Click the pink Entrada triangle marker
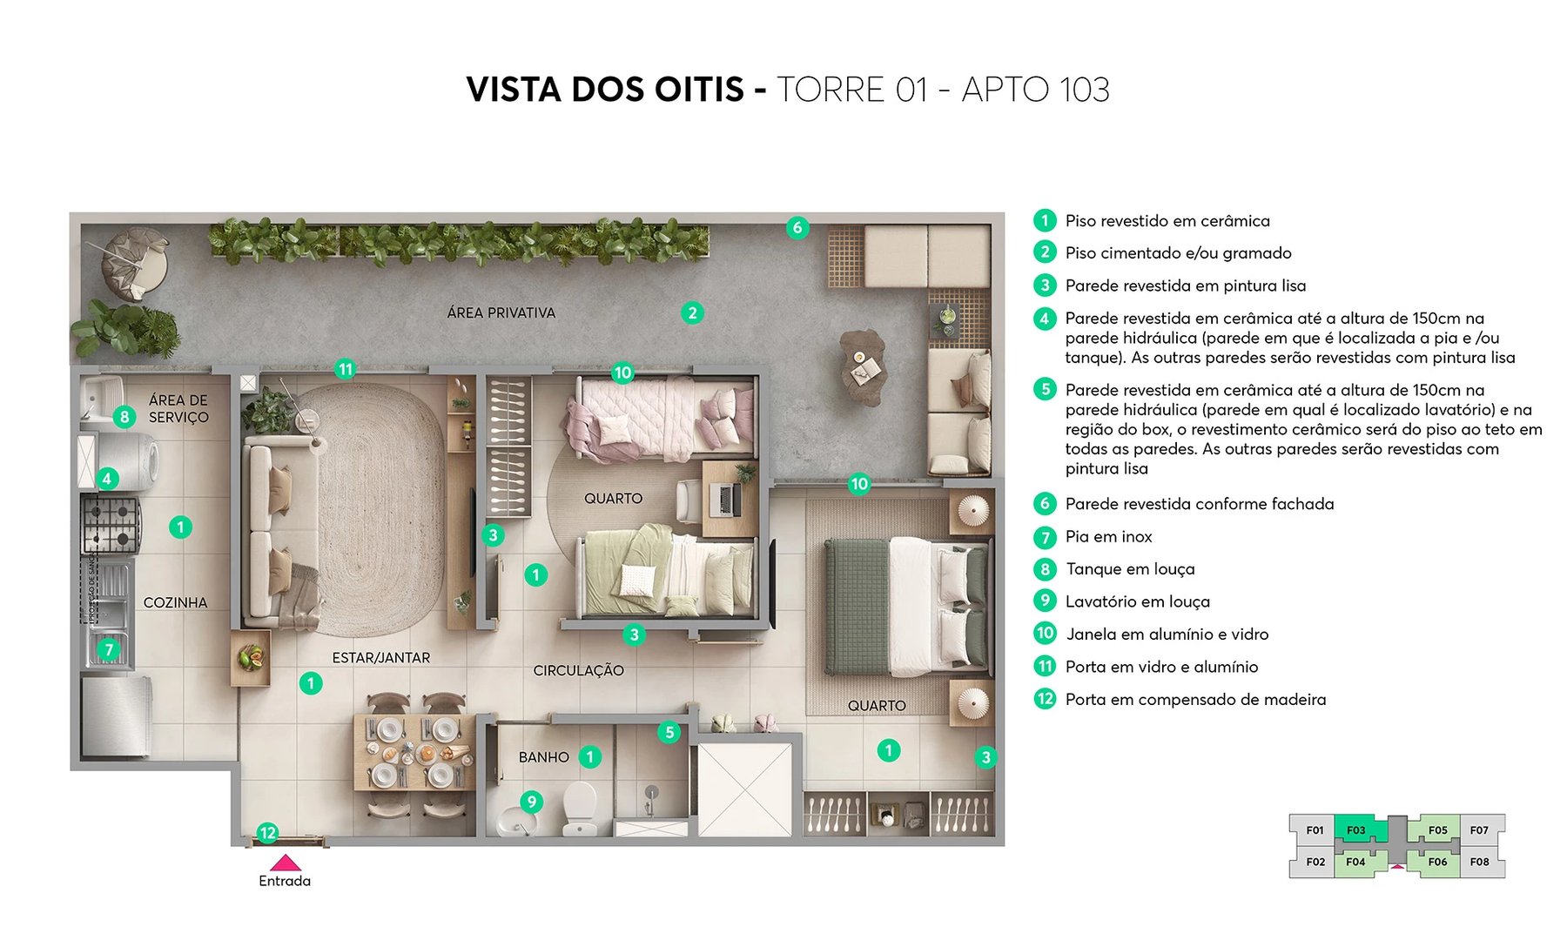(285, 863)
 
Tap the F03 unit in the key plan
(1355, 829)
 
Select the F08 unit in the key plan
(1479, 862)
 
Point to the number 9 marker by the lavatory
(531, 802)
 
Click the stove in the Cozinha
(111, 523)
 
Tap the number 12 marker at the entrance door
(267, 833)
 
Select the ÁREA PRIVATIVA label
(501, 312)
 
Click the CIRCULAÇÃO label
(578, 670)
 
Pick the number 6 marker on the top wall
(797, 228)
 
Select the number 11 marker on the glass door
(346, 369)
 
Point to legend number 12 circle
(1045, 699)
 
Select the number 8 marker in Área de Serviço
(124, 417)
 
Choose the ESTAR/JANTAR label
(380, 658)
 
